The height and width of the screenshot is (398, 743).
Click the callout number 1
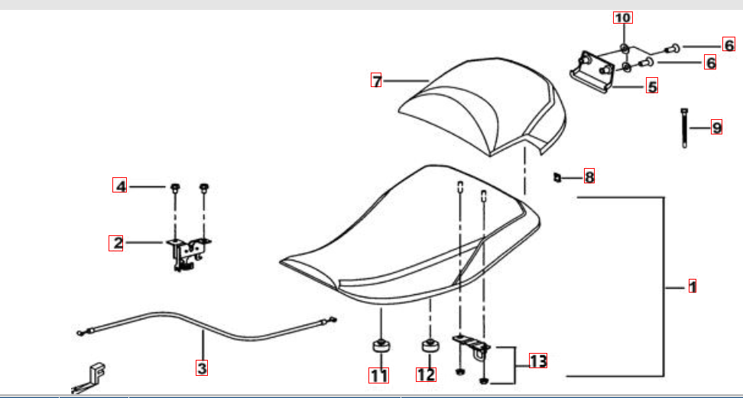[693, 286]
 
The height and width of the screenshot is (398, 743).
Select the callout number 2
[115, 243]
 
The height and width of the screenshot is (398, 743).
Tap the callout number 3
[202, 367]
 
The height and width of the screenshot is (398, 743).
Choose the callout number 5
[652, 86]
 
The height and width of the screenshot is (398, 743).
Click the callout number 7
[376, 81]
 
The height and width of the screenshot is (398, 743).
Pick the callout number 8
[589, 176]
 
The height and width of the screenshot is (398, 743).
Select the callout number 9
[716, 127]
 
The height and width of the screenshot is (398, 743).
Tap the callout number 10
[623, 18]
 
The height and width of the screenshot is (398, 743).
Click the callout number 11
[379, 375]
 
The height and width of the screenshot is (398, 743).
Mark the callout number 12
[426, 374]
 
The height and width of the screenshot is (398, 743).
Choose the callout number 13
[538, 361]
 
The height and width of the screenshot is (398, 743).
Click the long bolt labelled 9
[684, 128]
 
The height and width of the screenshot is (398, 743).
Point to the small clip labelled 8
[557, 177]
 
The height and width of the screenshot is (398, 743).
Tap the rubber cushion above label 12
[430, 346]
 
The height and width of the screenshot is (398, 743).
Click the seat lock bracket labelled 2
[188, 254]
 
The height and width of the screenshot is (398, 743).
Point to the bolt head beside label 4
[175, 186]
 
